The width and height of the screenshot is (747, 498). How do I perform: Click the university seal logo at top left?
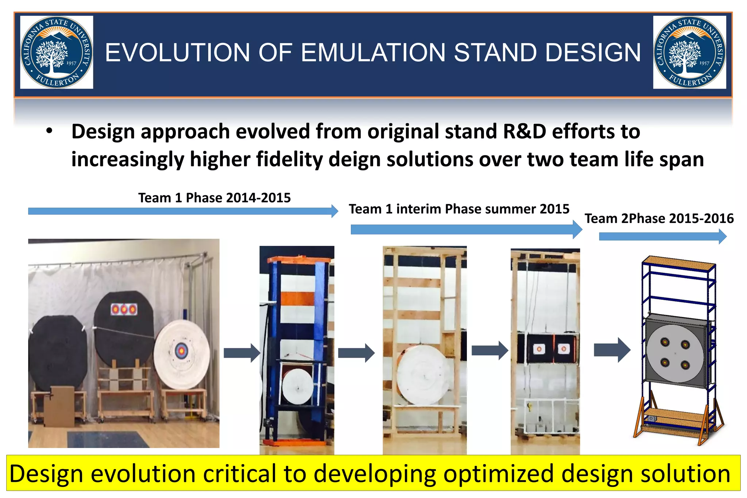(57, 52)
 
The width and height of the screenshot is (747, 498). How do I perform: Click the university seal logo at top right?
(689, 52)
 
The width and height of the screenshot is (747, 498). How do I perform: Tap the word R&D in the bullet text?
(524, 131)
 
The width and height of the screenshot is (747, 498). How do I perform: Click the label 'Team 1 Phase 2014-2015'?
(214, 198)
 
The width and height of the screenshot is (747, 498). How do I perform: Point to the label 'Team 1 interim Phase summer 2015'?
(458, 209)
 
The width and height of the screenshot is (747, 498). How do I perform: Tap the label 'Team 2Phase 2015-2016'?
(659, 219)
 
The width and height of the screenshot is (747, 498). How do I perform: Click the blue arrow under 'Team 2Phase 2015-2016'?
(662, 237)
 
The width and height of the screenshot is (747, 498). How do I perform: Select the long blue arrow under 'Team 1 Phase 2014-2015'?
(182, 211)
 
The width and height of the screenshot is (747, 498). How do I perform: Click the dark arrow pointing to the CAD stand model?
(612, 350)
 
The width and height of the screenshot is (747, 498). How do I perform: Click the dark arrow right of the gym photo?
(241, 353)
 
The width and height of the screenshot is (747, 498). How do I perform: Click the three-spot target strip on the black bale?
(124, 309)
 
